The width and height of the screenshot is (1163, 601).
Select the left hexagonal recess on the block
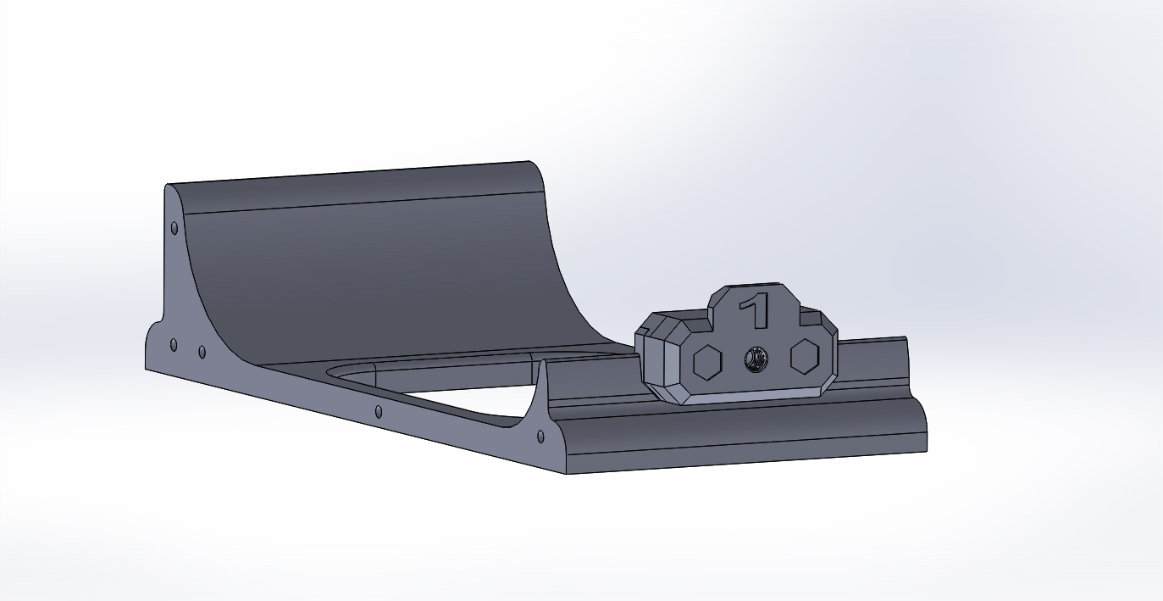(x=707, y=362)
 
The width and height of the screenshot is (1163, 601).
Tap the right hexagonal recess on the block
(x=805, y=356)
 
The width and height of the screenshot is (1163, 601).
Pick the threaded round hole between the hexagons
(x=756, y=359)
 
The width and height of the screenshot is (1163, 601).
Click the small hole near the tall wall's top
(x=174, y=228)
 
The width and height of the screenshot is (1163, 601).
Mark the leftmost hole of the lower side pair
(x=174, y=345)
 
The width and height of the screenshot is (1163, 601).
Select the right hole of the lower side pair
(x=202, y=353)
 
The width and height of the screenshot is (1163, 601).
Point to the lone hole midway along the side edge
(x=379, y=412)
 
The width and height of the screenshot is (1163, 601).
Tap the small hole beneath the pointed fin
(x=540, y=437)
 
